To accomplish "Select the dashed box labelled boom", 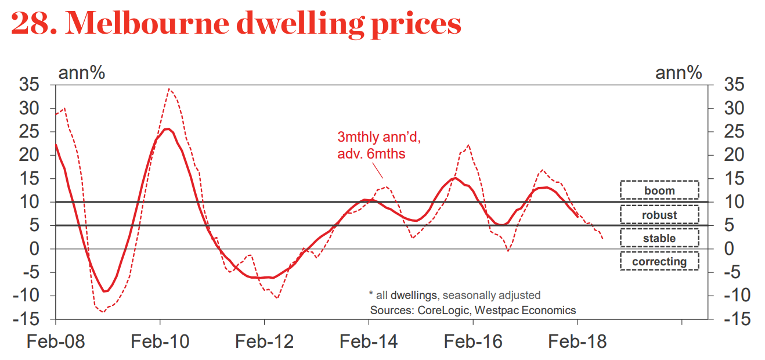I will click(x=659, y=190).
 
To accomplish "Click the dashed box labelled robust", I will click(x=659, y=215).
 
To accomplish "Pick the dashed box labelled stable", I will click(x=659, y=238).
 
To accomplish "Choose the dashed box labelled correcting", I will click(x=659, y=261).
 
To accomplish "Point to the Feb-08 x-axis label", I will click(x=56, y=341).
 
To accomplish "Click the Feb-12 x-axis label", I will click(x=264, y=341).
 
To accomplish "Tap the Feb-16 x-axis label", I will click(x=473, y=341).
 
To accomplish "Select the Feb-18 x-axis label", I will click(x=578, y=341).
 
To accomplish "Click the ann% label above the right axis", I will click(x=679, y=73).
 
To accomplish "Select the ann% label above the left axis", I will click(x=81, y=73).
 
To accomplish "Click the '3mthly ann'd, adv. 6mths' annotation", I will click(x=378, y=146).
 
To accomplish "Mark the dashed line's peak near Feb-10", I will click(x=168, y=89).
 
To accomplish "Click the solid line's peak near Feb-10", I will click(x=167, y=129).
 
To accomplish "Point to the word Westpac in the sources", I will click(x=493, y=309).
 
